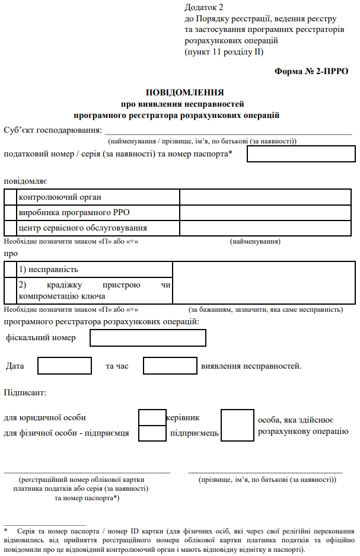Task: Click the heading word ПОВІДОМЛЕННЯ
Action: coord(184,92)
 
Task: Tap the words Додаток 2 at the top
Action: coord(205,8)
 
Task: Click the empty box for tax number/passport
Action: coord(301,154)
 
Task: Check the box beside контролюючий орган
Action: coord(11,197)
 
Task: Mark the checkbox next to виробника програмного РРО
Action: coord(11,212)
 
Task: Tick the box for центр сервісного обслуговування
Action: coord(11,228)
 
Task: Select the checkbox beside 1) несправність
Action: coord(11,270)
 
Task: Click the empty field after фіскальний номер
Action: coord(148,338)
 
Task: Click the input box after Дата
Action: coord(64,366)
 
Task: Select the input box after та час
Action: coord(170,366)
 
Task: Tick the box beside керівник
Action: coord(152,417)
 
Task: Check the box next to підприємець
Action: coord(152,433)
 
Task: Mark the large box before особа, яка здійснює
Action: coord(237,425)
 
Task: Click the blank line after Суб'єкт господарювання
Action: coord(228,131)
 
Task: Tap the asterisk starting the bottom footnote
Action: coord(5,528)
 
